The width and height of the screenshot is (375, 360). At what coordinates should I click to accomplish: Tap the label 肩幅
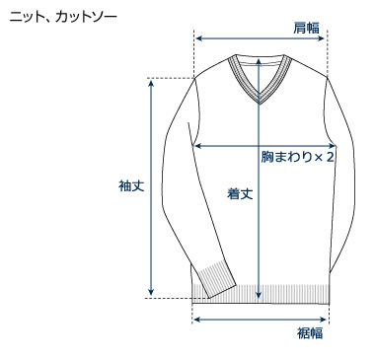pyautogui.click(x=306, y=27)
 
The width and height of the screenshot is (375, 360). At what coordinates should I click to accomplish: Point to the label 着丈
pyautogui.click(x=240, y=194)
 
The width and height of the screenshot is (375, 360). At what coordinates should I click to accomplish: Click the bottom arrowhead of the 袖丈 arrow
pyautogui.click(x=151, y=292)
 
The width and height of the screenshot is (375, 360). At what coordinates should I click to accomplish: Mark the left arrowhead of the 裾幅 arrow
pyautogui.click(x=195, y=319)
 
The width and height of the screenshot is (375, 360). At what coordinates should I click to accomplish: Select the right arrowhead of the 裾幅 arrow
pyautogui.click(x=325, y=319)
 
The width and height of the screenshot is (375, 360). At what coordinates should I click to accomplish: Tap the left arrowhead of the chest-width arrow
pyautogui.click(x=196, y=145)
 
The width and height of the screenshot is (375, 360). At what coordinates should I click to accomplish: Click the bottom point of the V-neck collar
pyautogui.click(x=259, y=103)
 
